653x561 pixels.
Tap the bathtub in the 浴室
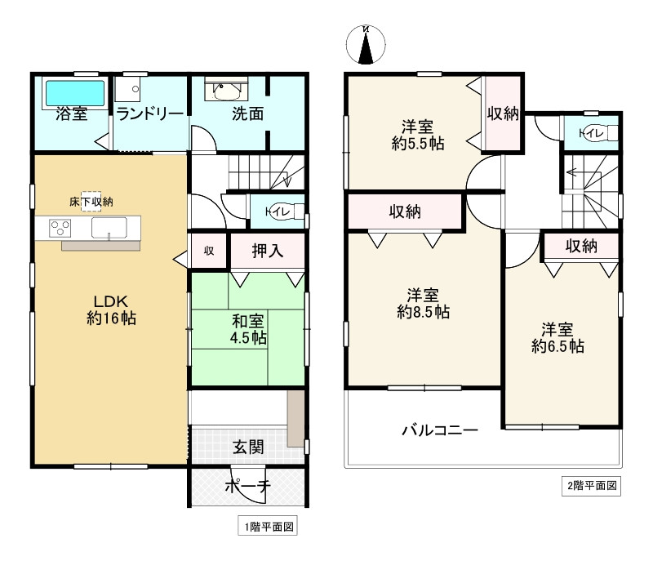click(73, 92)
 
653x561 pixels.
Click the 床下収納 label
click(90, 201)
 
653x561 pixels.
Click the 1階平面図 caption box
click(266, 528)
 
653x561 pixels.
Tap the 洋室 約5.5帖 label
click(416, 135)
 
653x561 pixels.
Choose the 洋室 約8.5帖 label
click(423, 303)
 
